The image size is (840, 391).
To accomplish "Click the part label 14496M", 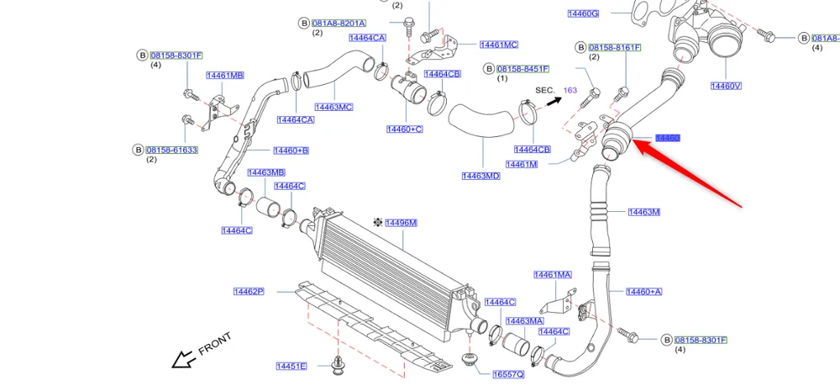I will point(401,223).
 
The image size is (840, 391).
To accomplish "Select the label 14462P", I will point(249,292).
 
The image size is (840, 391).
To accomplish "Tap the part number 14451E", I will point(291,366).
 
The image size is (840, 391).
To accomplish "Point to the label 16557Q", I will point(508,373).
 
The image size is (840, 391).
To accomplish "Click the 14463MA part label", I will point(524,321).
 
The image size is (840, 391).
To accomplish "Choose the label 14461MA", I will point(553,275).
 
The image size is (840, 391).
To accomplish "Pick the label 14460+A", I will point(644,292).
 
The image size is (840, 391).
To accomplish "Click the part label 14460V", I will point(726,86).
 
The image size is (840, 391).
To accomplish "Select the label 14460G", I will point(583,13).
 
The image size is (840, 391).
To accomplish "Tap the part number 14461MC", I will point(499,45).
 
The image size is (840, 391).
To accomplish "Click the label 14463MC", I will point(333,107).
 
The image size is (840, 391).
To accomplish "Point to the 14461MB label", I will point(224,76).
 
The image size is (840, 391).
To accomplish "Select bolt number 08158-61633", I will point(174,150).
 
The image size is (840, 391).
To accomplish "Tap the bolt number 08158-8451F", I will point(522,69).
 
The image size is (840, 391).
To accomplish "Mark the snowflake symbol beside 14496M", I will point(378,222).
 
